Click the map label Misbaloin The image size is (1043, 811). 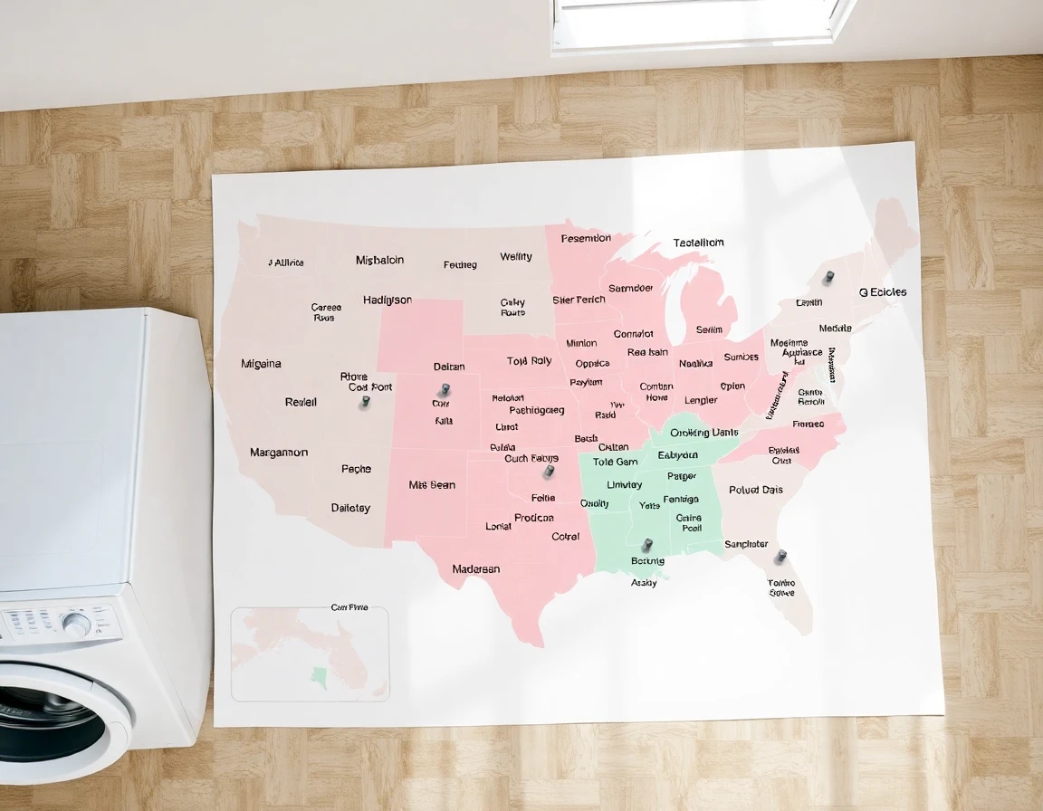380,261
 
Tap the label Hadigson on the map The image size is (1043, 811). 388,301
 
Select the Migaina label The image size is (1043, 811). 261,364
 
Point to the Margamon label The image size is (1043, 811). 279,453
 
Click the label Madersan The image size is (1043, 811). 476,569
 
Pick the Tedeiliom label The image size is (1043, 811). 698,243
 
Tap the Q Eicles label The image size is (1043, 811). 882,292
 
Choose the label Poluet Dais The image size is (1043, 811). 756,490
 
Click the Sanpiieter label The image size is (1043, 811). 746,544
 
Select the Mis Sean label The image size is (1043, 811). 432,485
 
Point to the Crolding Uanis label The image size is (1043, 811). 704,433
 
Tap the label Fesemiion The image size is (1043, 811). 586,239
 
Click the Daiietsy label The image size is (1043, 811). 350,508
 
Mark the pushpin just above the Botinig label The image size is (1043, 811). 646,545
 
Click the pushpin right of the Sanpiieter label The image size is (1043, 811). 780,556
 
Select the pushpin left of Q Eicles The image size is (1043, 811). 828,277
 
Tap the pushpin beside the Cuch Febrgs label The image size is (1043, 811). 548,472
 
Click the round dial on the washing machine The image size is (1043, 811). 76,624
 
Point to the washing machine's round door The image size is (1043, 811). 54,724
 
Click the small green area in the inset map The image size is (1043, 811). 319,674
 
